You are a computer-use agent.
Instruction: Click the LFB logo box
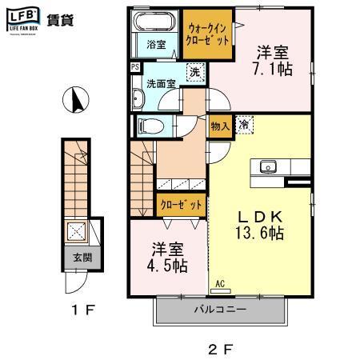22,18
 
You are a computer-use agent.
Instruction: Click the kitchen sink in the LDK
267,167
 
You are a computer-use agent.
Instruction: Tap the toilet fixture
150,126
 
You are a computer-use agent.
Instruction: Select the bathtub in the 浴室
154,22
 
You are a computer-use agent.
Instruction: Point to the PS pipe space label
134,68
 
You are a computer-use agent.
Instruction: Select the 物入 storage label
220,125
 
